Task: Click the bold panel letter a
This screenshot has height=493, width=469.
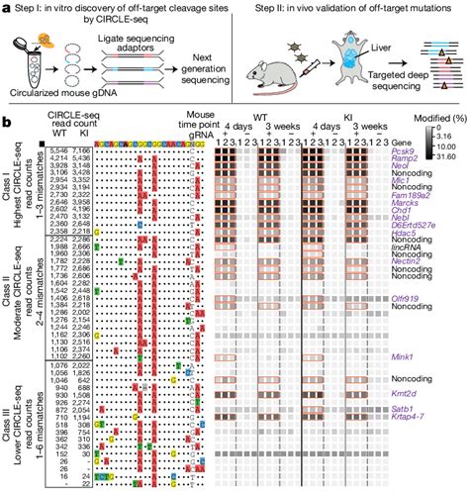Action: [6, 7]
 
